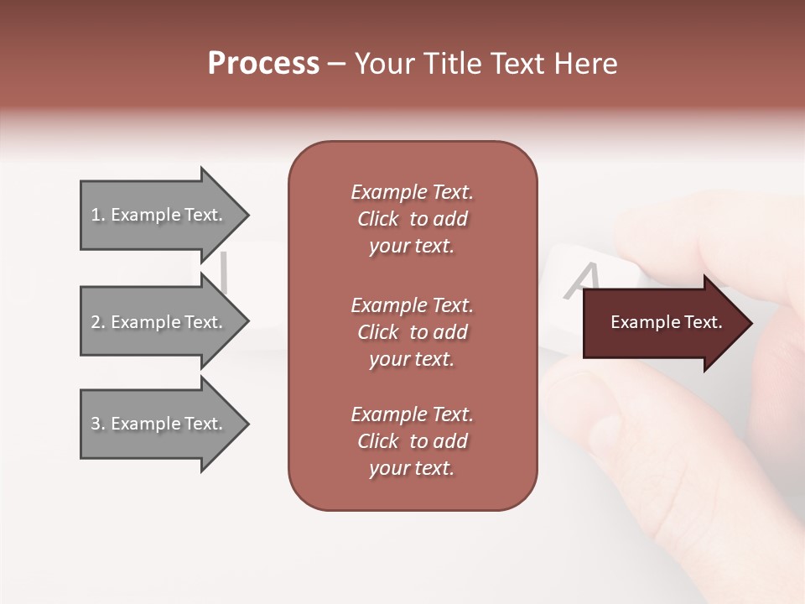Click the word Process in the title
point(263,64)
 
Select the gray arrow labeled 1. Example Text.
point(159,215)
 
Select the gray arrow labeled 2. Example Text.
point(159,322)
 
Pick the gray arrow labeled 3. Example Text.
point(159,424)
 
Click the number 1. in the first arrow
point(98,215)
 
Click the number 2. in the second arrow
point(98,322)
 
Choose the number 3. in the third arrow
point(98,424)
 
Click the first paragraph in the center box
point(412,219)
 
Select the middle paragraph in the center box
point(412,332)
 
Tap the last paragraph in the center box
point(412,441)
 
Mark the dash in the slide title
point(337,64)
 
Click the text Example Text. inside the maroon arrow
point(666,322)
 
